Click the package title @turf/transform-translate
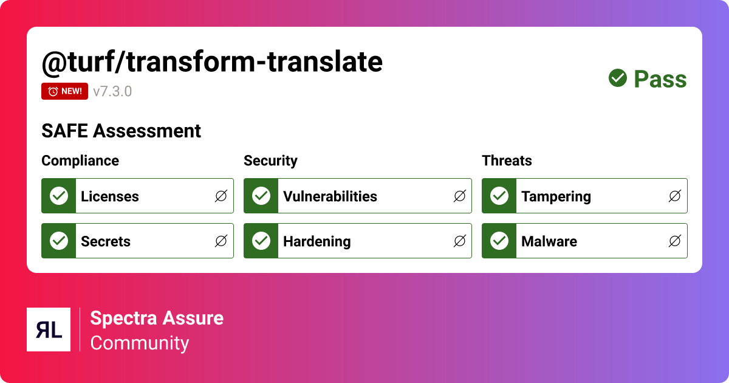tap(212, 61)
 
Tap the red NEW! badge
tap(65, 91)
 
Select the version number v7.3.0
tap(112, 92)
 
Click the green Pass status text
tap(660, 79)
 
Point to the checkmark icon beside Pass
tap(618, 78)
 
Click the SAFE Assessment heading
tap(121, 131)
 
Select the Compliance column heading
tap(80, 160)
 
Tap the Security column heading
tap(270, 160)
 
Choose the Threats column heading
tap(507, 160)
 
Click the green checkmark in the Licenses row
tap(59, 196)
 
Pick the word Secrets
tap(106, 241)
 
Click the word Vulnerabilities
tap(330, 196)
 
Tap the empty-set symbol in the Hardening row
tap(460, 241)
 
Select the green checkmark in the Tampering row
tap(499, 196)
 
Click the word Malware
tap(549, 241)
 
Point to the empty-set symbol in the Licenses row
tap(221, 196)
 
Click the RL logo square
tap(49, 330)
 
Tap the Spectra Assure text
tap(157, 318)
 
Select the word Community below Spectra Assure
tap(140, 343)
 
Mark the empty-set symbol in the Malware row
tap(674, 241)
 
